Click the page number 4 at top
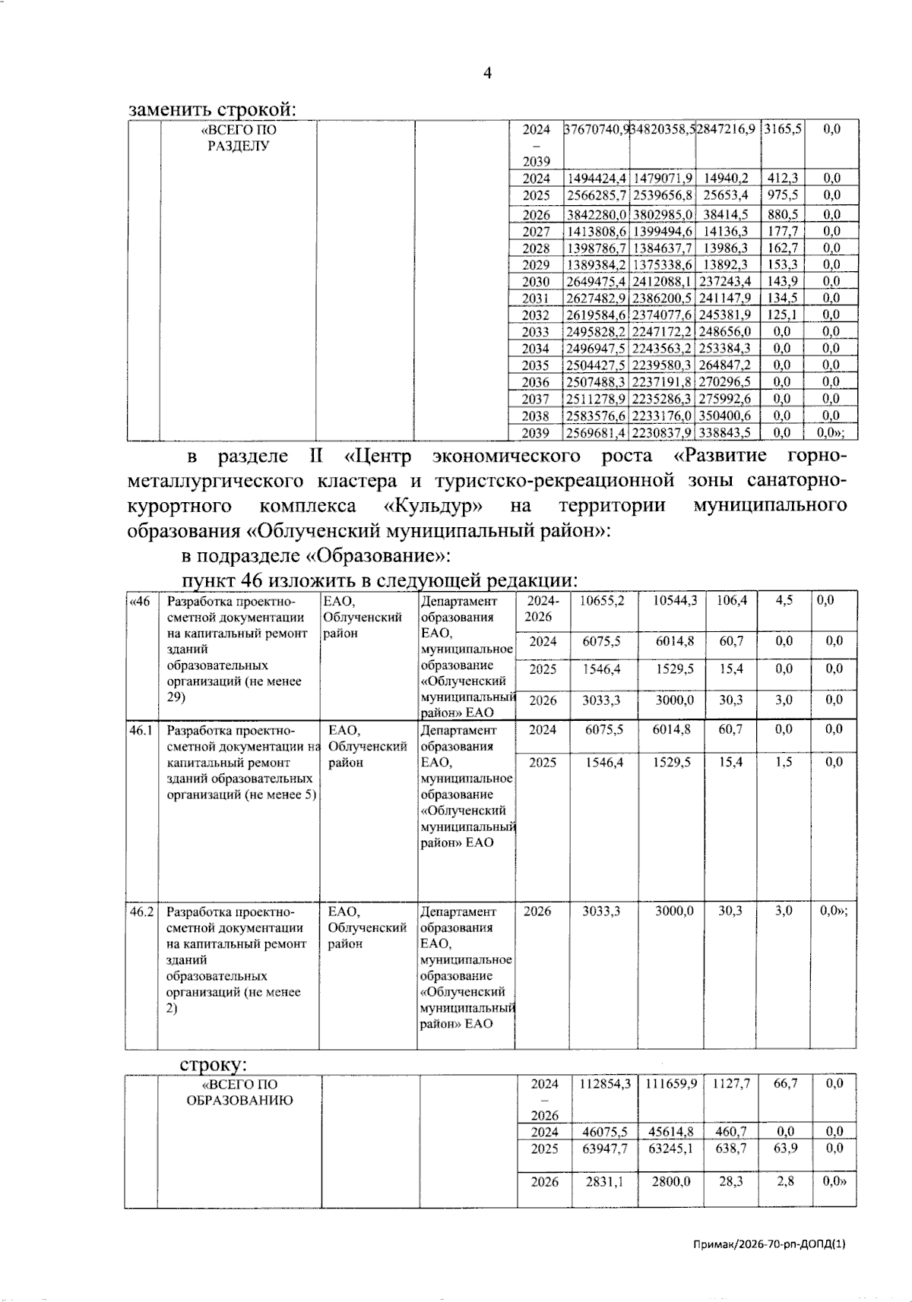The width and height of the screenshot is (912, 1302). click(487, 73)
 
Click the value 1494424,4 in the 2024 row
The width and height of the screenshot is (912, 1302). click(597, 179)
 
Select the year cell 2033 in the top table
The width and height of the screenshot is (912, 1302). click(536, 332)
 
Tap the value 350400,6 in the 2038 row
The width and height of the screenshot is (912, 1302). click(725, 416)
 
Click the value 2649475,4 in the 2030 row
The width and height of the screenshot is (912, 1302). click(597, 282)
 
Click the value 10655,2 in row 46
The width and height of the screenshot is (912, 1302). click(602, 601)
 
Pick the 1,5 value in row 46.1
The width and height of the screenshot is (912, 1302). click(784, 762)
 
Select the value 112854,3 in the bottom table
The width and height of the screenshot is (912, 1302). click(606, 1084)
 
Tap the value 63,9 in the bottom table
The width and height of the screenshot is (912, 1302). click(785, 1148)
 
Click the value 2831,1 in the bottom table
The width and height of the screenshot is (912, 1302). click(604, 1182)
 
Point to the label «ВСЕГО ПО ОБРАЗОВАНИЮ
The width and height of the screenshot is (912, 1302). click(239, 1092)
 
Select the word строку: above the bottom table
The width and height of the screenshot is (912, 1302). click(214, 1064)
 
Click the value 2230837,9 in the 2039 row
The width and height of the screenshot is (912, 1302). click(661, 433)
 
